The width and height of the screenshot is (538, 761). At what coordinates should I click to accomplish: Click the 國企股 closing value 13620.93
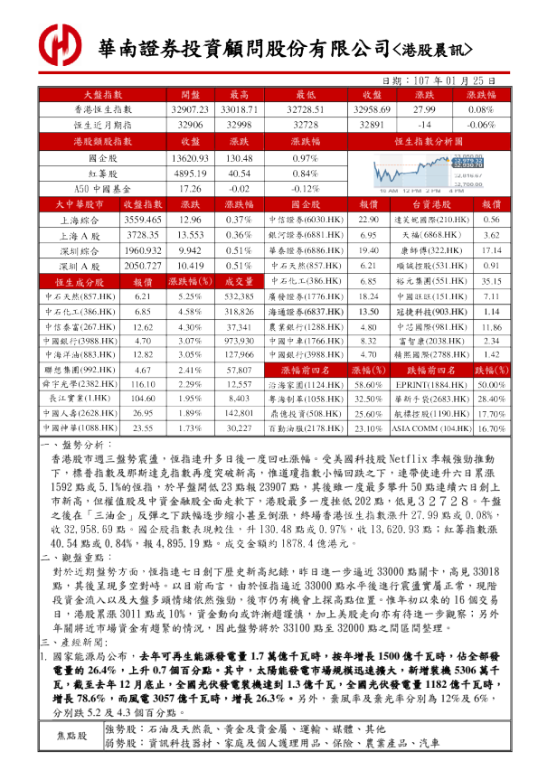tap(190, 158)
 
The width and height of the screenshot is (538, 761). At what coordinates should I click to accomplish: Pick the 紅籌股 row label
tap(102, 173)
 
